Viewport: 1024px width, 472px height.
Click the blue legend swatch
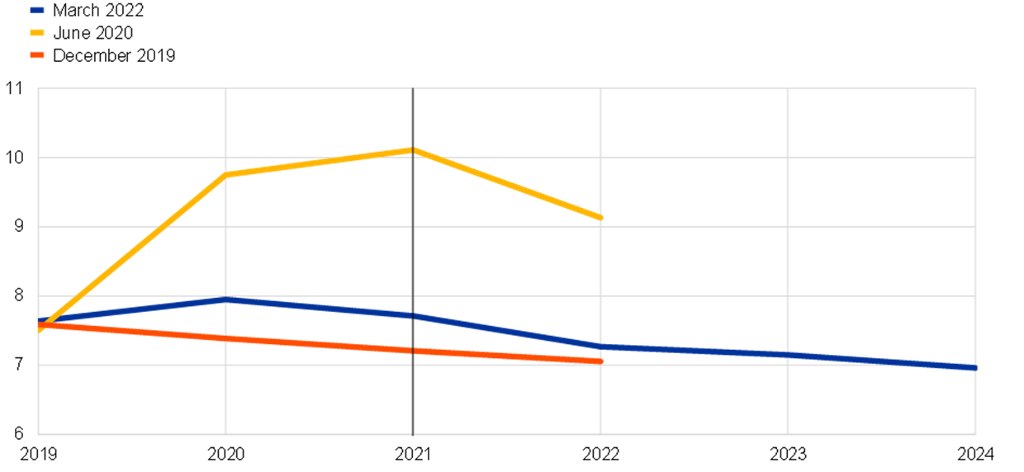pos(37,10)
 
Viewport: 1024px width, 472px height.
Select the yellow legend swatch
pos(37,32)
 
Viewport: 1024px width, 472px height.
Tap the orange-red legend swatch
pos(37,54)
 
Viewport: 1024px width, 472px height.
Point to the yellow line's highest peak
pos(413,149)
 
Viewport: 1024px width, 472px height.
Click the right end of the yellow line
pos(600,218)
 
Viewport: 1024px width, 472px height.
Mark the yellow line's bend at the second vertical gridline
pos(225,174)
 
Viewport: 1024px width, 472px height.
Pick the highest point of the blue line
pos(225,300)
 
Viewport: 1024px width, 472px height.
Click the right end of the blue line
pos(974,368)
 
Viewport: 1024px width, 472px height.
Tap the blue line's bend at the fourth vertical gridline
pos(600,347)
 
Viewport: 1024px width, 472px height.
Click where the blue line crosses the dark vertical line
pos(413,315)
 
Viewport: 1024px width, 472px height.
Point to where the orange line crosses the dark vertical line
pos(413,351)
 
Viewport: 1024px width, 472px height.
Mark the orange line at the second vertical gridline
pos(225,338)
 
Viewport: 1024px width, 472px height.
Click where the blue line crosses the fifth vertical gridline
pos(788,355)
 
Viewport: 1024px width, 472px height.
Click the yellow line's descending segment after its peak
pos(507,184)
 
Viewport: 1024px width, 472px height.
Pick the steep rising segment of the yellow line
pos(132,251)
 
